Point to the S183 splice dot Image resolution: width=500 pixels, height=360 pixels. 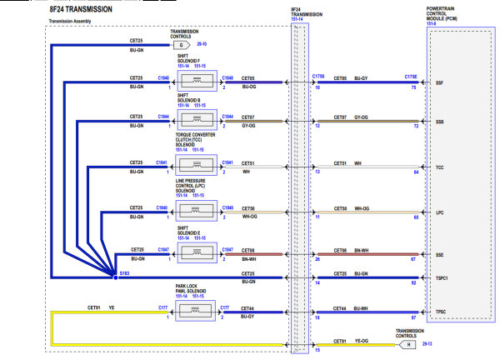click(x=117, y=272)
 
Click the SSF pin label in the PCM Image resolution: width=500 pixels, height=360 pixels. click(x=440, y=83)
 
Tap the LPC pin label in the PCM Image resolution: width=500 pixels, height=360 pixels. click(x=440, y=213)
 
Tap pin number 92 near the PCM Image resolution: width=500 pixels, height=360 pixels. click(x=413, y=284)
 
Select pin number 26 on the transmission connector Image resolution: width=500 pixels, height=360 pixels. click(x=317, y=258)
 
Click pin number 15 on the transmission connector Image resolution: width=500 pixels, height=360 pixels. click(x=317, y=349)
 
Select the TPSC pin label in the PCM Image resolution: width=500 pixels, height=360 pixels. click(x=440, y=312)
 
